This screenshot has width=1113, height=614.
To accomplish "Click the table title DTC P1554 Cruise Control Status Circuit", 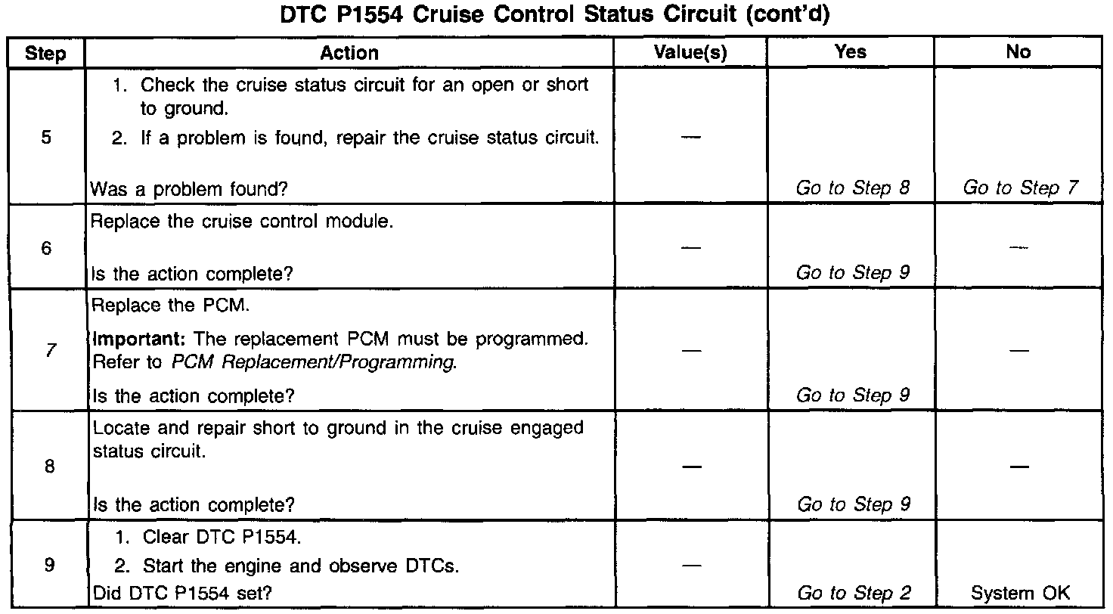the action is pos(555,17).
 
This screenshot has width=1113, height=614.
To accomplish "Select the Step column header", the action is pos(45,54).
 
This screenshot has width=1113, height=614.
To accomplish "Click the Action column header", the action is pos(349,52).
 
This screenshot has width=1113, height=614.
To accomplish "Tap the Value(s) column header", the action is pos(690,52).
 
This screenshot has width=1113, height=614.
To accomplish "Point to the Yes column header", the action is pos(851,52).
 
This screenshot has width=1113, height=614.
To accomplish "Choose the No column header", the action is pos(1018,52).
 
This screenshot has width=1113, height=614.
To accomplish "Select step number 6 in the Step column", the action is pos(47,248).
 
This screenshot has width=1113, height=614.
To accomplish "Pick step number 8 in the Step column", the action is pos(48,467).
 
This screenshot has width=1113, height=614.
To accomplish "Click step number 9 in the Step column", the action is pos(48,566).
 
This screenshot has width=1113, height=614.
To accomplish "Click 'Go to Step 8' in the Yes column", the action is pos(852,188).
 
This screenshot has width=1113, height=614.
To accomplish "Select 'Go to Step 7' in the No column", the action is pos(1019,188).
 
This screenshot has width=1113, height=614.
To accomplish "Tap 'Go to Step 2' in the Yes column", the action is pos(852,594).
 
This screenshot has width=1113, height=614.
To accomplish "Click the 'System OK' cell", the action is pos(1020,594).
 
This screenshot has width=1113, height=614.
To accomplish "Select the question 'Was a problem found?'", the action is pos(188,190).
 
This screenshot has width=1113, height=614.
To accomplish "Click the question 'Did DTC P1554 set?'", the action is pos(181,594).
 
